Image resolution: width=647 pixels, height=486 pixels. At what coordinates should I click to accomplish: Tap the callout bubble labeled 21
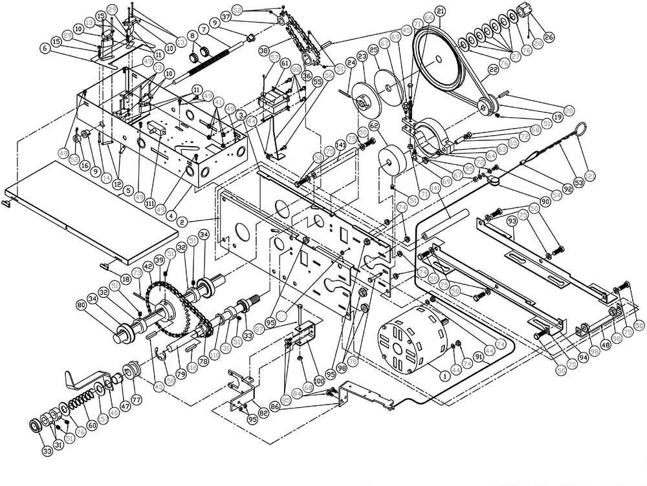440,11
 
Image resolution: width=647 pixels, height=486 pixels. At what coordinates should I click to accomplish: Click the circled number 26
548,37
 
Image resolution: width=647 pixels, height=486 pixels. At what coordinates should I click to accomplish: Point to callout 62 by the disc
374,125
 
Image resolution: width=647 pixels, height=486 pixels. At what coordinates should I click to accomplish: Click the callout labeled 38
263,49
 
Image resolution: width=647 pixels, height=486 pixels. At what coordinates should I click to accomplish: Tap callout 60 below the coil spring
92,425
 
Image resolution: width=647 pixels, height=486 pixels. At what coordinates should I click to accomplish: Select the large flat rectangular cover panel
91,197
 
